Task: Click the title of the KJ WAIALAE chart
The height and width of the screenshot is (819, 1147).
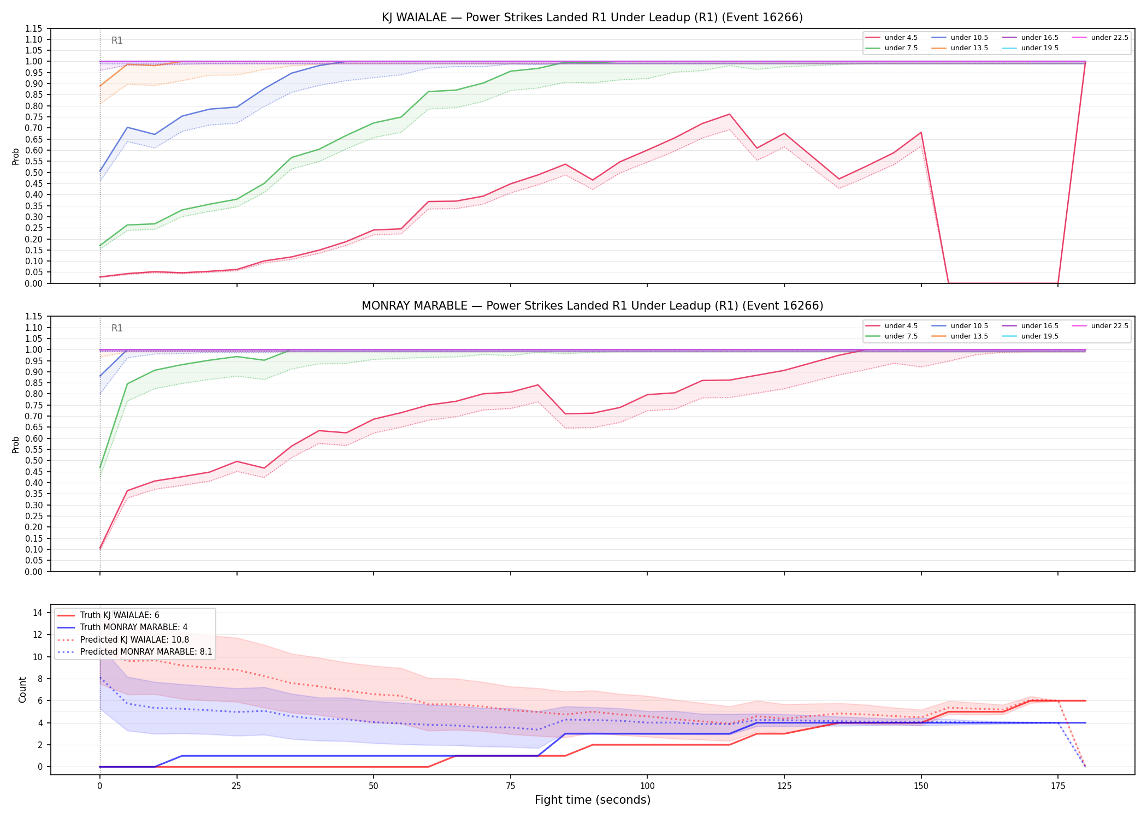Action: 592,17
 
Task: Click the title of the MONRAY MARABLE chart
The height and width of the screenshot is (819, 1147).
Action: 592,306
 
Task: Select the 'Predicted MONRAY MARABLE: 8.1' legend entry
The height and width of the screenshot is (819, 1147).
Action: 134,652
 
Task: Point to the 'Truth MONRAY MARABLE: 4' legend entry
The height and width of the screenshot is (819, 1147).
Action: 122,627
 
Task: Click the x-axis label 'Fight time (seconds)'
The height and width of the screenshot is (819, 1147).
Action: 593,800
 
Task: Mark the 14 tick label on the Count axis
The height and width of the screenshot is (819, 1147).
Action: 38,613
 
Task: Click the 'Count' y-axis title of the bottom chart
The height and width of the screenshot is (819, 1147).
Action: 22,690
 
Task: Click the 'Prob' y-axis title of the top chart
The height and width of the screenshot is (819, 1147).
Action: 16,156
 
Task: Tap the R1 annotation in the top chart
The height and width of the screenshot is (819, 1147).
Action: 117,40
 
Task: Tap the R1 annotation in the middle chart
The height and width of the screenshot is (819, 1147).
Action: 117,328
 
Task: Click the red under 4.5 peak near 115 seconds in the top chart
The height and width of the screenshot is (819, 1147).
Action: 729,114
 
